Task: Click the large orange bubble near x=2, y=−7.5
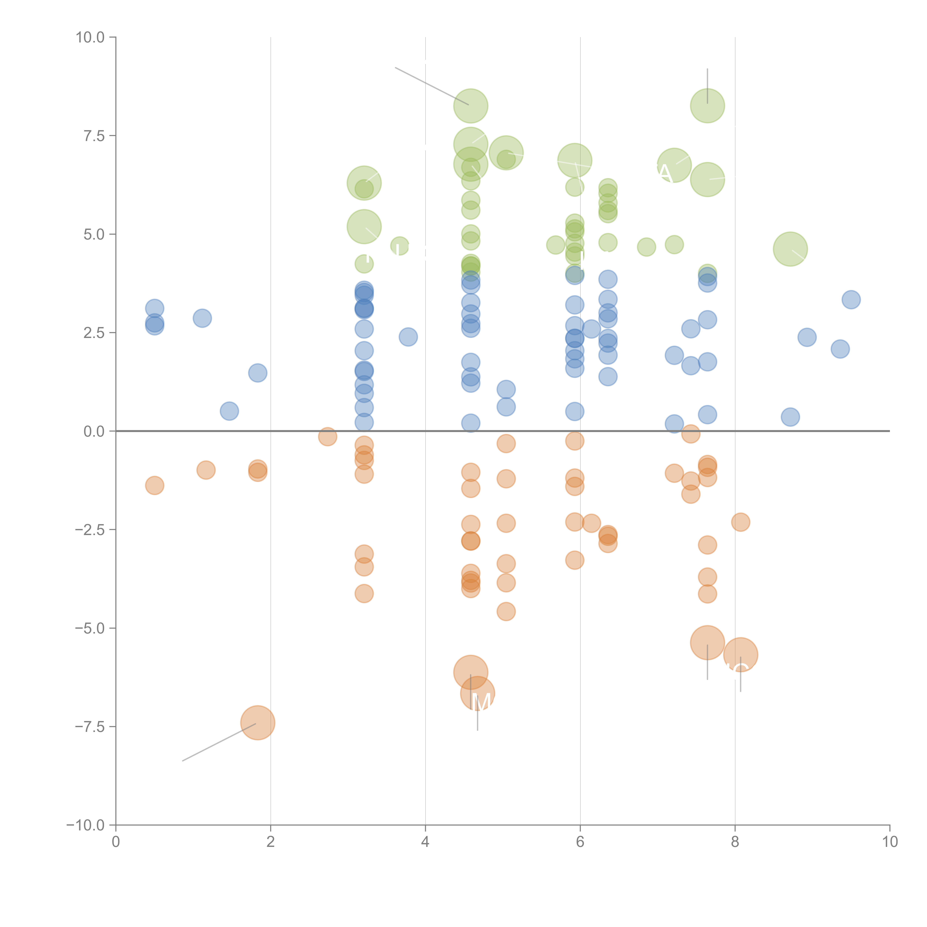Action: point(258,723)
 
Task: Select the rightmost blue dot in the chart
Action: point(851,300)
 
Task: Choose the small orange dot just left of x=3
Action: point(327,437)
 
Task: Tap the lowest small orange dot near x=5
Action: point(506,611)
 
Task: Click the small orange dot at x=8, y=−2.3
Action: point(740,522)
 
